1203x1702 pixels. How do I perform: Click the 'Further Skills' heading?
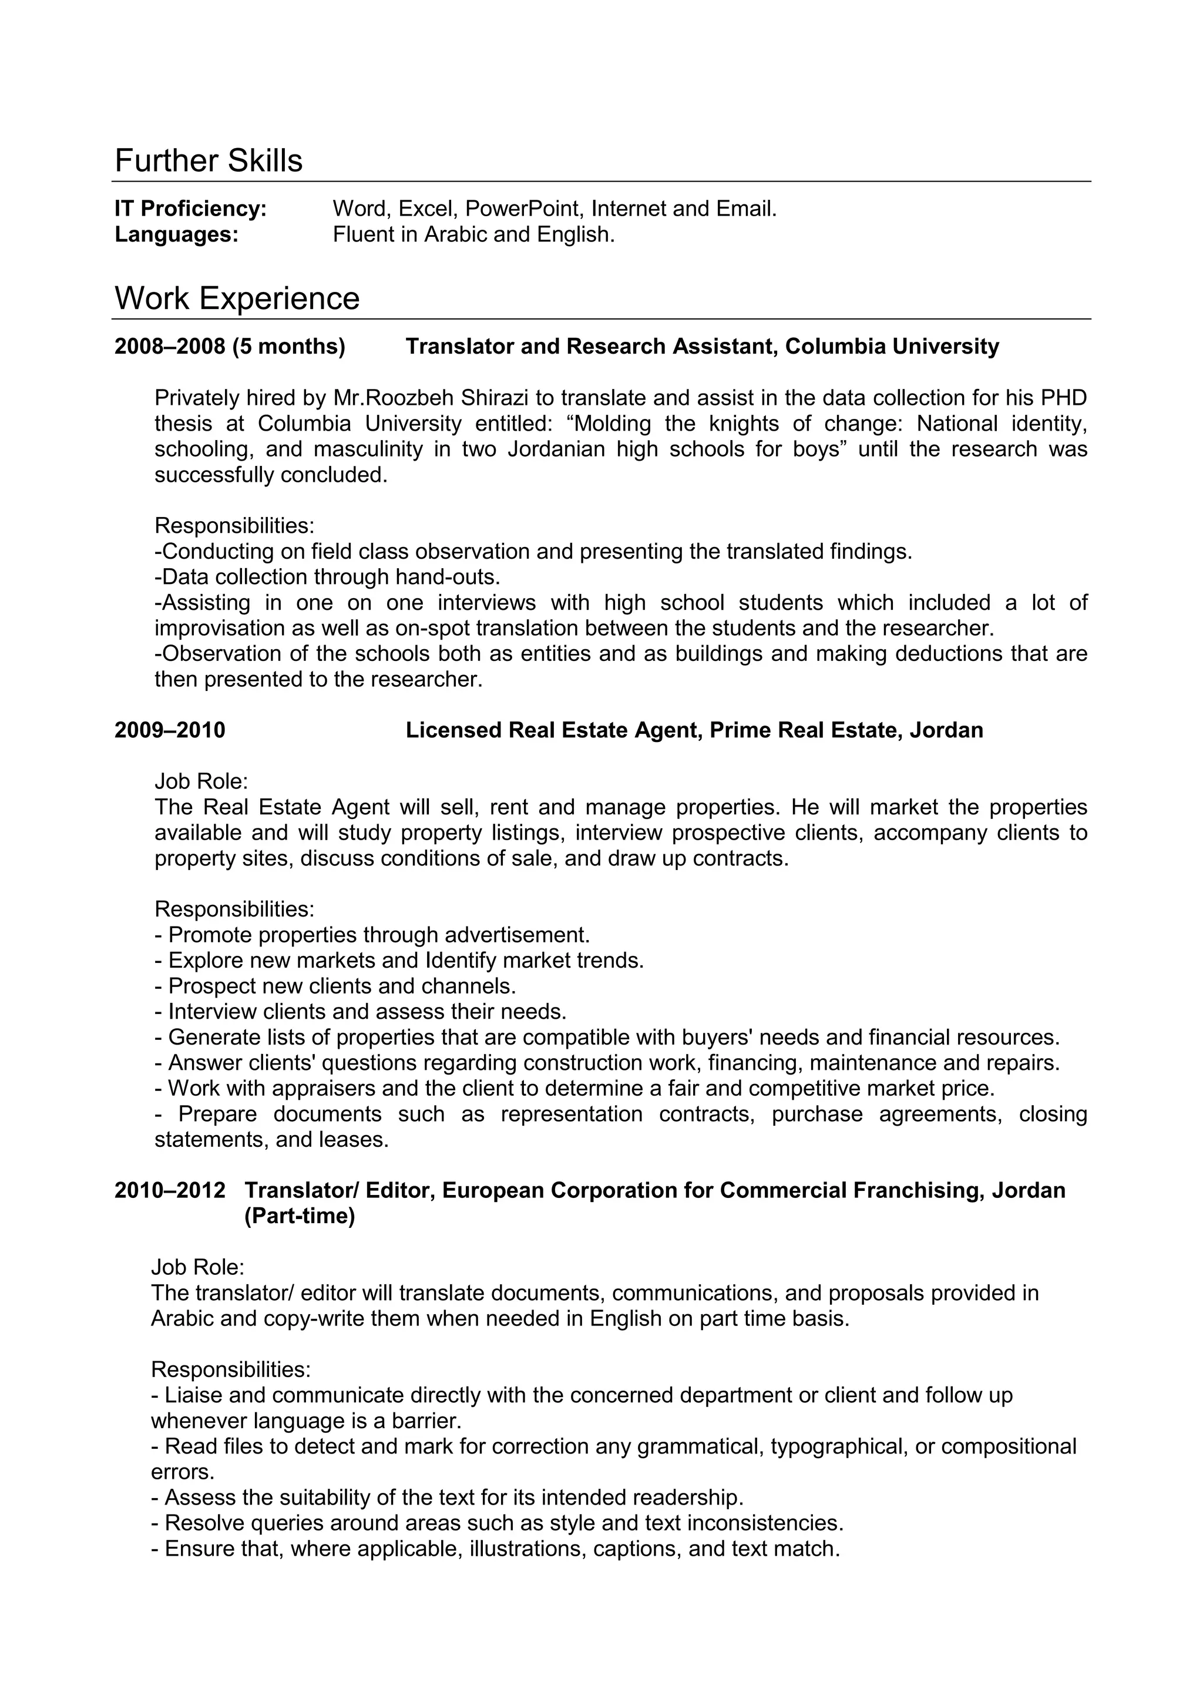click(x=209, y=161)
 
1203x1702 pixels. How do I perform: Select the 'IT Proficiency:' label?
click(x=190, y=209)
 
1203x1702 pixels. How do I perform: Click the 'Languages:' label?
click(x=176, y=235)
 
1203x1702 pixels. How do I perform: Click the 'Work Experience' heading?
click(x=237, y=298)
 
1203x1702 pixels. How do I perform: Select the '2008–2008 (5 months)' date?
click(x=230, y=347)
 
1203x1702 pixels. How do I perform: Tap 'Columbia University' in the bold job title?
click(x=892, y=347)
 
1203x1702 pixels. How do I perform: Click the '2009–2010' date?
click(x=170, y=730)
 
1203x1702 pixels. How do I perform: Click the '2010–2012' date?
click(x=170, y=1190)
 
